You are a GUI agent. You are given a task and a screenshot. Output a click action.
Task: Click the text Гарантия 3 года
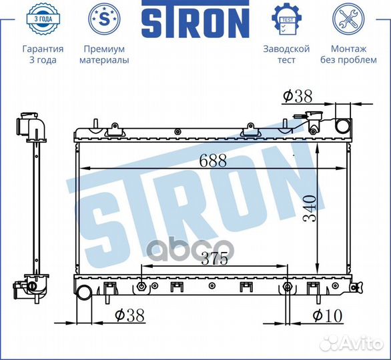coord(43,55)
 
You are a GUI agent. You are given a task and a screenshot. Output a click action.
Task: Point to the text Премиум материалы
coord(104,55)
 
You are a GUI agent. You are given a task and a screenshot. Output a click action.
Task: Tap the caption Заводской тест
coord(286,55)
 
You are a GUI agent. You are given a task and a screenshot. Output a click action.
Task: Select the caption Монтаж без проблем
coord(348,55)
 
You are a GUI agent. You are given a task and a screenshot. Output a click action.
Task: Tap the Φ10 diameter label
coord(328,315)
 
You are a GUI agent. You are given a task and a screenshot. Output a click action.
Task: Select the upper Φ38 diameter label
coord(297,97)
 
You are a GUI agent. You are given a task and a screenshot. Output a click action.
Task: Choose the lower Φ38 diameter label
coord(129,315)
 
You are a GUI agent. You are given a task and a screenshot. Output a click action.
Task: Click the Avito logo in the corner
coord(351,342)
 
